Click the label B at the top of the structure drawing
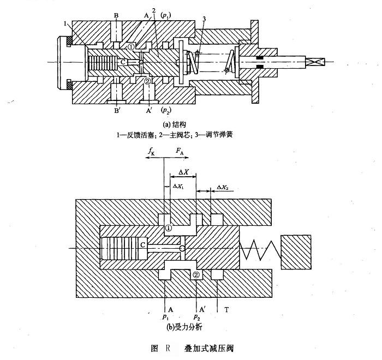tap(116, 15)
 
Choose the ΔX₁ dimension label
tap(178, 187)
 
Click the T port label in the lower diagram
tap(226, 309)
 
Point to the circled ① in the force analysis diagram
tap(169, 229)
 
